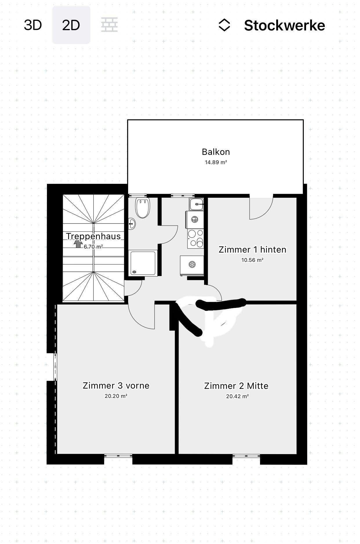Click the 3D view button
33,25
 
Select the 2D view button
71,25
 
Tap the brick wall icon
110,25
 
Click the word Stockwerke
284,26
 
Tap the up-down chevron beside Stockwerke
224,25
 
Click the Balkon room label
216,152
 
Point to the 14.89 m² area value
216,162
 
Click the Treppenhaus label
93,236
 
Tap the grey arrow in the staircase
77,244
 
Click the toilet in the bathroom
143,208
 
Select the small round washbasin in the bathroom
132,224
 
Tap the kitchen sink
196,204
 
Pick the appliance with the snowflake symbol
192,265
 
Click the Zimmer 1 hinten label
252,250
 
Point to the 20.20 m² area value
116,396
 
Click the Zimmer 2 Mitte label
236,386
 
